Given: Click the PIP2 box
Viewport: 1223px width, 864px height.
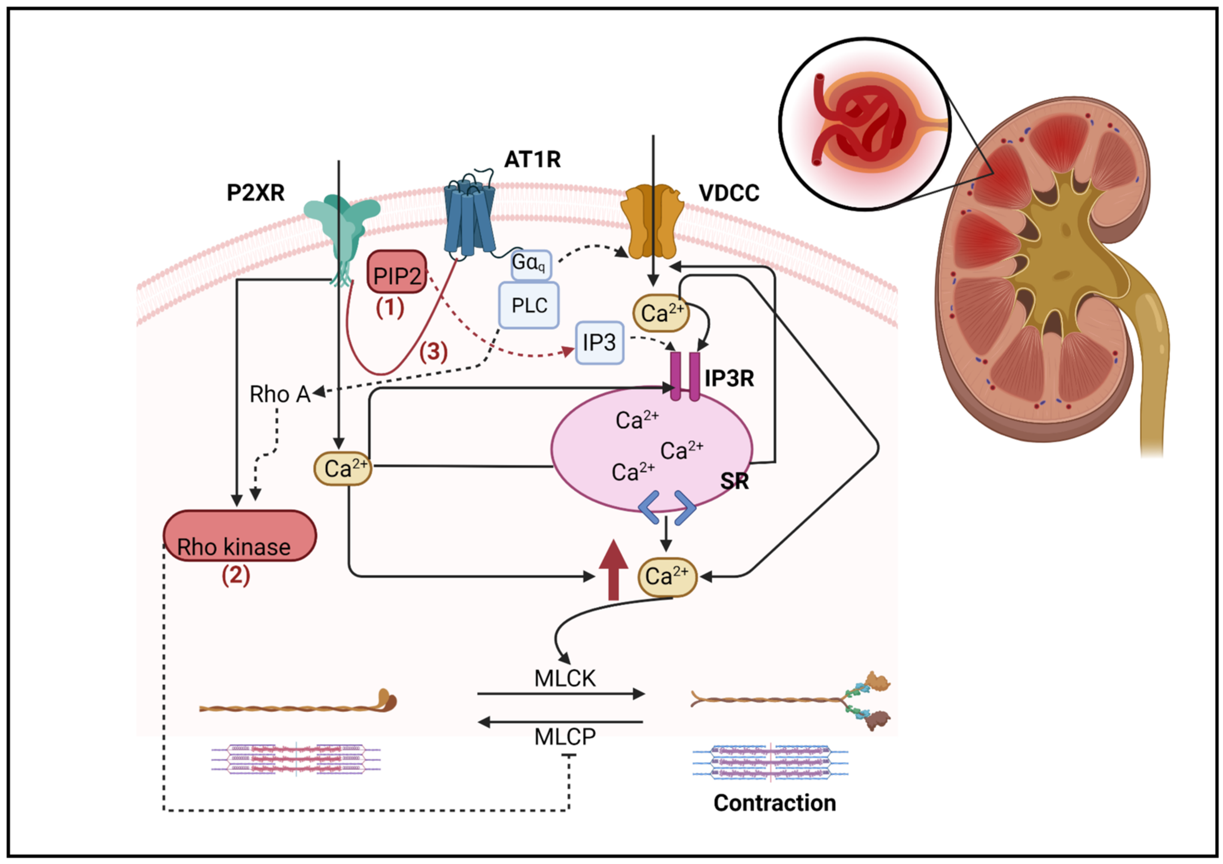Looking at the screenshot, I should click(x=397, y=272).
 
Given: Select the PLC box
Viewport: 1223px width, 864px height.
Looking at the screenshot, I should click(x=528, y=305).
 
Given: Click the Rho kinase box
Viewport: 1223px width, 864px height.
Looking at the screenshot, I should click(x=239, y=536).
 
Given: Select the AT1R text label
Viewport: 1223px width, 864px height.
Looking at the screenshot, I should click(x=532, y=159).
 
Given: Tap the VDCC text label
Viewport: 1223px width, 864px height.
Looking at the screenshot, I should click(x=729, y=193).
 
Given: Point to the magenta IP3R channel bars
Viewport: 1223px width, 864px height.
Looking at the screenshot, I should click(x=685, y=375).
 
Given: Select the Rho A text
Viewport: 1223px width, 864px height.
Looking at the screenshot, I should click(x=280, y=395).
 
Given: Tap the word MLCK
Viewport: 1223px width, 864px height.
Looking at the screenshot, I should click(x=564, y=679).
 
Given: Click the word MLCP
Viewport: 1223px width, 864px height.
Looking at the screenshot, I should click(x=564, y=737).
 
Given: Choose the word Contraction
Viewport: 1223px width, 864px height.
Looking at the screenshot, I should click(x=774, y=803).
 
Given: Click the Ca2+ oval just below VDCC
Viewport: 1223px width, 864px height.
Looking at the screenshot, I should click(x=660, y=313).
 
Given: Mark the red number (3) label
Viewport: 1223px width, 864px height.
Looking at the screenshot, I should click(x=433, y=352).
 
